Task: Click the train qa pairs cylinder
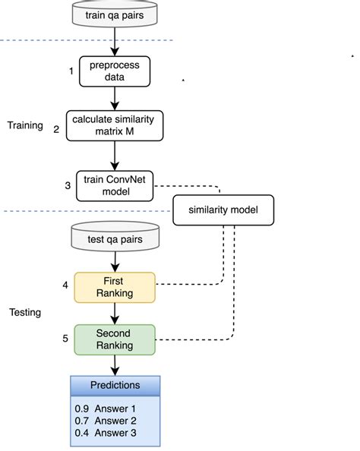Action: coord(115,14)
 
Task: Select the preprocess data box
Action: coord(115,71)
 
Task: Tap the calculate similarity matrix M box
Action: coord(115,126)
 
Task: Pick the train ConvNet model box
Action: coord(115,186)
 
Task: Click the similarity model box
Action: coord(223,210)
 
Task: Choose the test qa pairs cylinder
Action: coord(115,236)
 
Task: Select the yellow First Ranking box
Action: coord(115,287)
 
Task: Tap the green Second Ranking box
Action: coord(115,339)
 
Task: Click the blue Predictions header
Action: coord(115,386)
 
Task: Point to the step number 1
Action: coord(71,71)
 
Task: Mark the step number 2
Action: coord(56,129)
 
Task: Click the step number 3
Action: coord(68,185)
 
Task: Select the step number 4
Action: coord(65,285)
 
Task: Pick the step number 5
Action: coord(65,339)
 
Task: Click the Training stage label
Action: coord(25,126)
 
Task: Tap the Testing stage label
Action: coord(25,312)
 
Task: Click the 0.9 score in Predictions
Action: coord(82,408)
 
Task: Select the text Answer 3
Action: coord(115,433)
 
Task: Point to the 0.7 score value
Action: coord(82,421)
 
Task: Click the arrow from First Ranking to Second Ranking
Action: coord(115,314)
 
